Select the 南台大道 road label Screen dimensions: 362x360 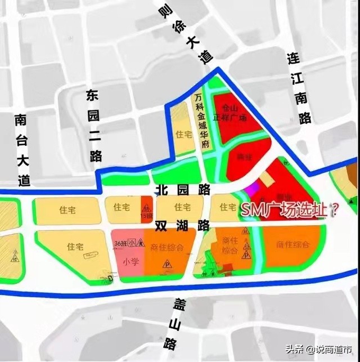pyautogui.click(x=21, y=150)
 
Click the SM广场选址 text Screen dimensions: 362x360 pyautogui.click(x=290, y=211)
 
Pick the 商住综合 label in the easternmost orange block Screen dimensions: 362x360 pyautogui.click(x=293, y=244)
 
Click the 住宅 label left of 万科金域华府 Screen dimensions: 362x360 pyautogui.click(x=183, y=135)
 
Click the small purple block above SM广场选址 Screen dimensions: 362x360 pyautogui.click(x=254, y=187)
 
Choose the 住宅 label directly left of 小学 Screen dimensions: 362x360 pyautogui.click(x=75, y=247)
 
